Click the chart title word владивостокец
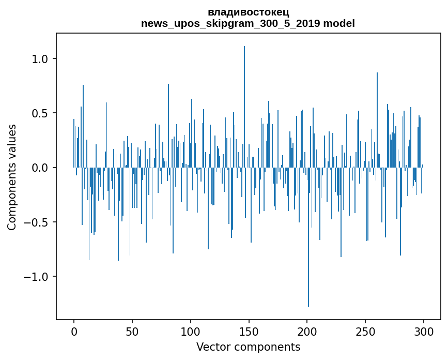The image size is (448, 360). click(x=248, y=12)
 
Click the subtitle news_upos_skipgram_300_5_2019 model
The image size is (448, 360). click(x=248, y=23)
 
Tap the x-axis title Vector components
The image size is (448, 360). click(x=248, y=347)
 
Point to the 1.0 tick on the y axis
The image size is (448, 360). click(x=40, y=59)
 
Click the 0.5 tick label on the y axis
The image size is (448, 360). click(x=40, y=113)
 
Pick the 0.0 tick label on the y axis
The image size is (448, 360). click(x=40, y=168)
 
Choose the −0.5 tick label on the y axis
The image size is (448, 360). click(x=37, y=222)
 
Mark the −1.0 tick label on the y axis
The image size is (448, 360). click(x=37, y=277)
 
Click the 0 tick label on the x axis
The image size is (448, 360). click(x=74, y=331)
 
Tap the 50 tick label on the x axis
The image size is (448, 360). click(x=132, y=331)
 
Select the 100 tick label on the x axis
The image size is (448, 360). click(x=191, y=331)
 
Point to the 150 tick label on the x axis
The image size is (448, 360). click(x=249, y=331)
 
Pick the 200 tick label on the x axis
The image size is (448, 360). click(x=307, y=331)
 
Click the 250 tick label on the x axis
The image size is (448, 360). click(x=366, y=331)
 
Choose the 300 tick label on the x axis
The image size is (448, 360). click(x=424, y=331)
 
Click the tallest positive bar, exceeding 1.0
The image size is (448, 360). click(x=244, y=103)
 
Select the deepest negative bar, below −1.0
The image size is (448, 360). click(x=308, y=238)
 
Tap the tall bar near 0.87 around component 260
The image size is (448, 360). click(x=377, y=119)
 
